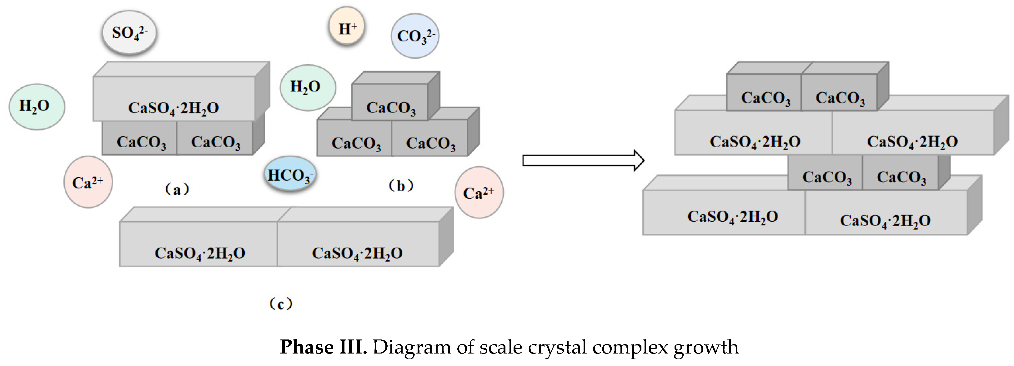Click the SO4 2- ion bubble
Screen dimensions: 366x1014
coord(129,32)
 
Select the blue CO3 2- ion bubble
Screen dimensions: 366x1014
coord(415,36)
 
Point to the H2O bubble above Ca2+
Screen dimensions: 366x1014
coord(37,106)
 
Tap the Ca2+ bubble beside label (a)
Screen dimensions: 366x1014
coord(88,182)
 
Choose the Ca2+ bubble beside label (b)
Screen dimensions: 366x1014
coord(479,193)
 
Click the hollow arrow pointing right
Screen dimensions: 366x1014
coord(583,160)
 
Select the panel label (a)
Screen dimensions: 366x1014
coord(177,189)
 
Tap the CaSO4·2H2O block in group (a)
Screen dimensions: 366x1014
coord(173,99)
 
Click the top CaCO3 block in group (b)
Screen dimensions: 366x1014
coord(390,102)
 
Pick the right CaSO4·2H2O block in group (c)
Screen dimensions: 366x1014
coord(357,245)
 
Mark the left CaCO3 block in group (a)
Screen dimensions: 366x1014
coord(140,138)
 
